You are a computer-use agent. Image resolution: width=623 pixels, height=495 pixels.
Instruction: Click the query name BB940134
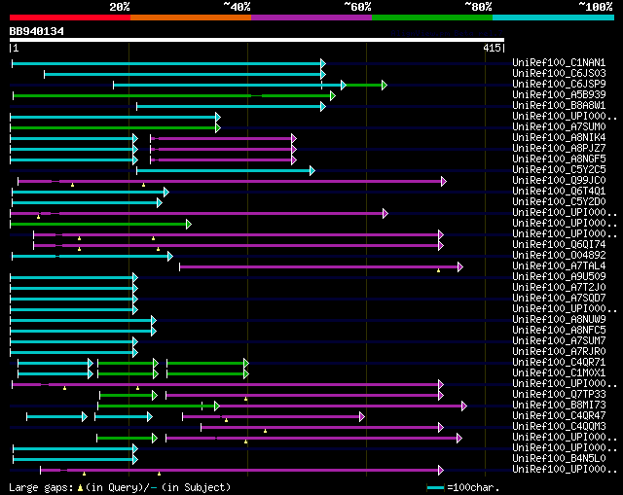pos(37,31)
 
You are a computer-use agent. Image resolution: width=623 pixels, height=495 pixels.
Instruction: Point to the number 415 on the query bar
pos(491,48)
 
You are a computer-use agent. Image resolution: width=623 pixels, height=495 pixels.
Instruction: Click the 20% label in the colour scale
pos(120,7)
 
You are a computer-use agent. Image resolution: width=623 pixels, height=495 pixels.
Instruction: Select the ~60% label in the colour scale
pos(357,7)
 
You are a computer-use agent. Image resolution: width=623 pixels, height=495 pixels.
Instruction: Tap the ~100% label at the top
pos(593,7)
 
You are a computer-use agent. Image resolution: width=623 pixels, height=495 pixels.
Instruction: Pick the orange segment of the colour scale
pos(191,18)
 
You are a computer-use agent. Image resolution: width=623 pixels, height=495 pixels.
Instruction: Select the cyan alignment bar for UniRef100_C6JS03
pos(184,74)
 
